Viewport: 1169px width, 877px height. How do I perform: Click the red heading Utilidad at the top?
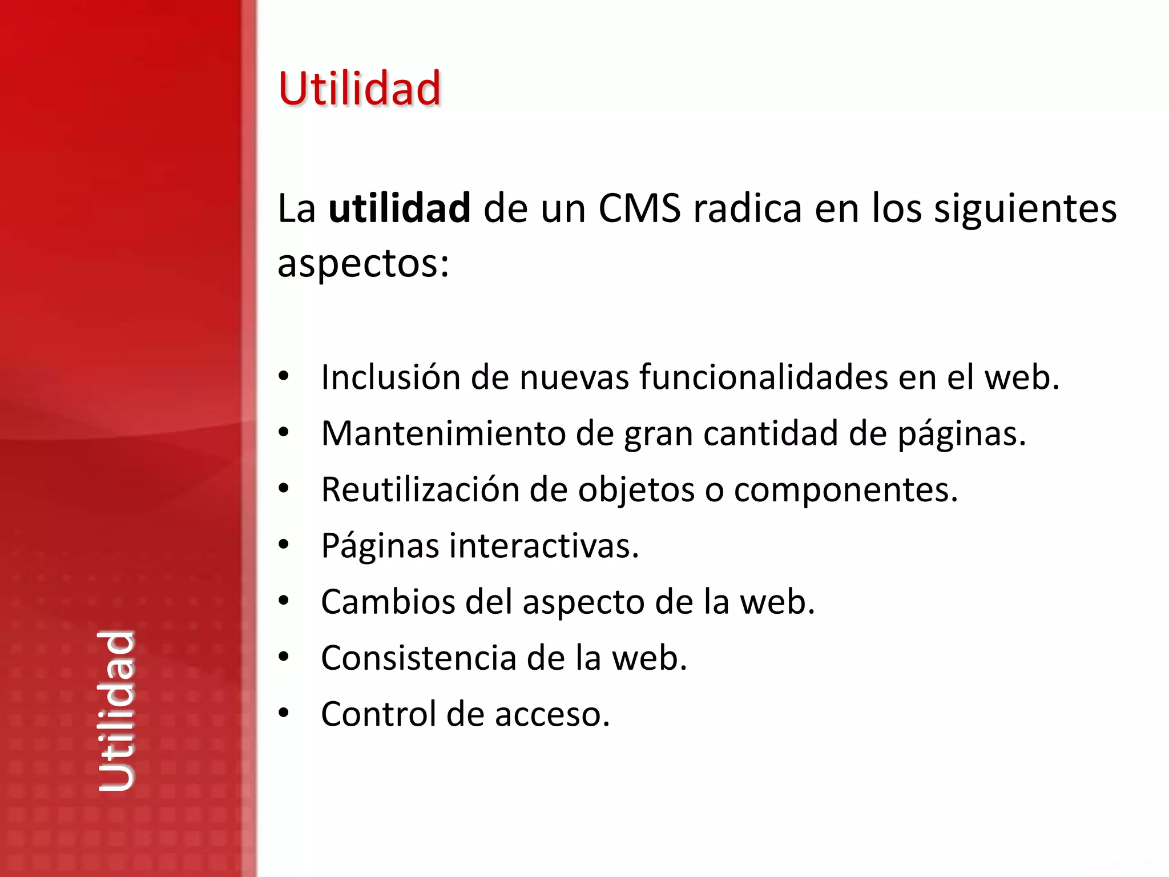[360, 88]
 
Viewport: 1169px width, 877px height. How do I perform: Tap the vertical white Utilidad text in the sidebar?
[116, 711]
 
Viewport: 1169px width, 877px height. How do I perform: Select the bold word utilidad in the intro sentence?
[400, 208]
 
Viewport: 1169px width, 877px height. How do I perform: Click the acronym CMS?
[639, 208]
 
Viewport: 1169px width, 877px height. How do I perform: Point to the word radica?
[747, 208]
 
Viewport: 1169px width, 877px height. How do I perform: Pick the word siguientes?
[1025, 209]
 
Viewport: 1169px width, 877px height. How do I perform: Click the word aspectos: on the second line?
[364, 263]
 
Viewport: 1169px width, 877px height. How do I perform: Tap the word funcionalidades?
[764, 377]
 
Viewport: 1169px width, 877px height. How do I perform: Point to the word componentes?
[846, 490]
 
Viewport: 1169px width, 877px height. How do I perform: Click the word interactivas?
[543, 545]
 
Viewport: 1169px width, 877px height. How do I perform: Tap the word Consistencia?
[418, 658]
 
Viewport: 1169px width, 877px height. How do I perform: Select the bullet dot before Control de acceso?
[284, 713]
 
